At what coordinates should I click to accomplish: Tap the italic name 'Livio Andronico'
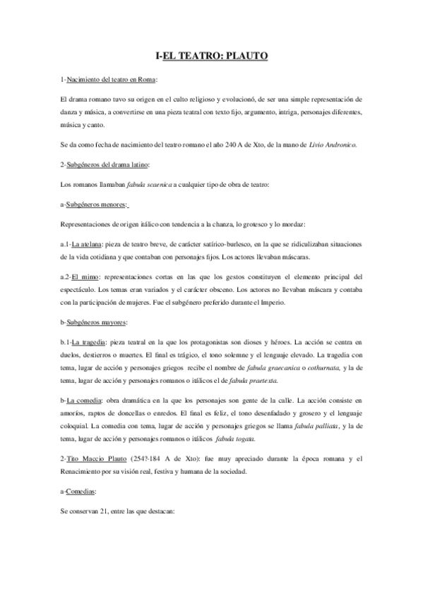[x=333, y=145]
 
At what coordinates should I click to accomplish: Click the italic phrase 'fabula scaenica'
[x=149, y=185]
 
